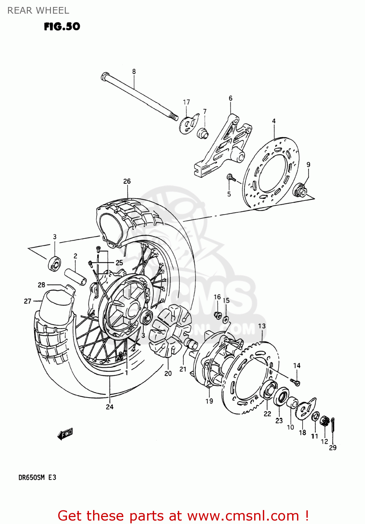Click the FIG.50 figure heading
tap(62, 27)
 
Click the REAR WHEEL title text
tap(38, 10)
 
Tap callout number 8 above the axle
tap(134, 72)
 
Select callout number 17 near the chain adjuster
tap(187, 102)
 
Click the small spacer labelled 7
tap(203, 133)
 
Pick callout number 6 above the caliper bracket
tap(230, 99)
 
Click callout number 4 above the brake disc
tap(274, 121)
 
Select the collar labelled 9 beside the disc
tap(301, 191)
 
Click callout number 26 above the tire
tap(127, 181)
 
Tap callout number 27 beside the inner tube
tap(28, 301)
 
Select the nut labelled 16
tap(218, 315)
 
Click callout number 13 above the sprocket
tap(262, 326)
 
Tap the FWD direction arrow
tap(65, 434)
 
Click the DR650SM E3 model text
tap(37, 477)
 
